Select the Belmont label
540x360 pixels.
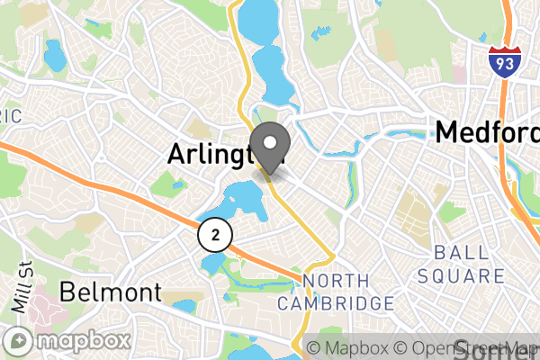(111, 292)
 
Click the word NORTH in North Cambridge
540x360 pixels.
(336, 282)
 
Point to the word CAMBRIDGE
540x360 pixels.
(336, 303)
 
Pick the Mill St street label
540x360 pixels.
(19, 289)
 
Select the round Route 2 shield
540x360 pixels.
(215, 235)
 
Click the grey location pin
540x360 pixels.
(273, 149)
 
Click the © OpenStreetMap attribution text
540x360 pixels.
(467, 348)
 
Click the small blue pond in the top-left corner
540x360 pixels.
(55, 58)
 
